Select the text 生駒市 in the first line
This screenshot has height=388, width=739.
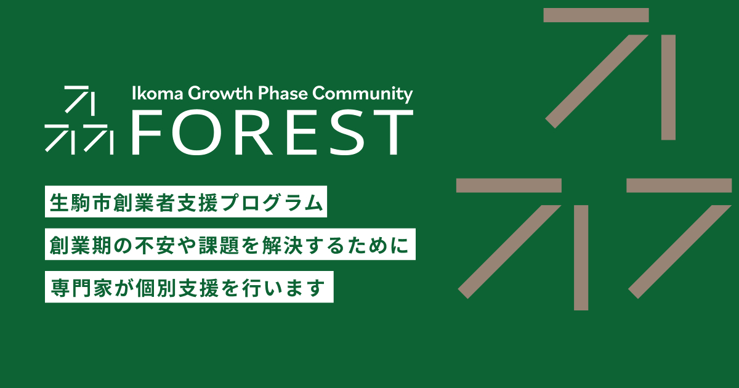click(75, 203)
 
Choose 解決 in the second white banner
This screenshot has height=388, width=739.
click(284, 245)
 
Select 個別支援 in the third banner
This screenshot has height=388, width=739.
click(172, 287)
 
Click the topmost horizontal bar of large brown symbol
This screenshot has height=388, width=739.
click(596, 15)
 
